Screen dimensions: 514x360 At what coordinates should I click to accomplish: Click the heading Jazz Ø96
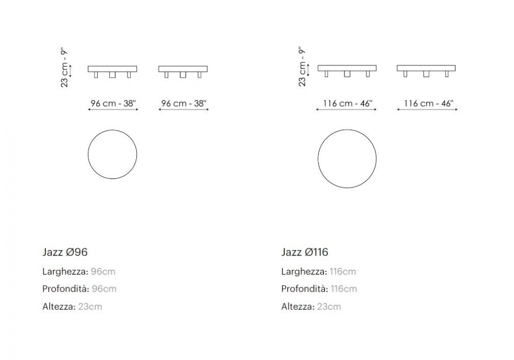(x=65, y=252)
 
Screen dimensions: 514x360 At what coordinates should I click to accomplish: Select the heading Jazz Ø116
(x=304, y=252)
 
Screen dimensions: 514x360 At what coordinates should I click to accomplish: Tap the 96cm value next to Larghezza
(x=103, y=272)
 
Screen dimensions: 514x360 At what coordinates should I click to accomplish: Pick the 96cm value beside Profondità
(x=104, y=289)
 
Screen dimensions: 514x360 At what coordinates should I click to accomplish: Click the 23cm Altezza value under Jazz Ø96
(x=90, y=307)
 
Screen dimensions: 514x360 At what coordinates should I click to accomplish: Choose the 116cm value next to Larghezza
(x=342, y=272)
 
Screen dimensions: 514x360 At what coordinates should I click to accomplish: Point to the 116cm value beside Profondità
(x=343, y=289)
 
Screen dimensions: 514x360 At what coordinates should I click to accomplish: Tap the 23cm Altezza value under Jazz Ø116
(x=329, y=307)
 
